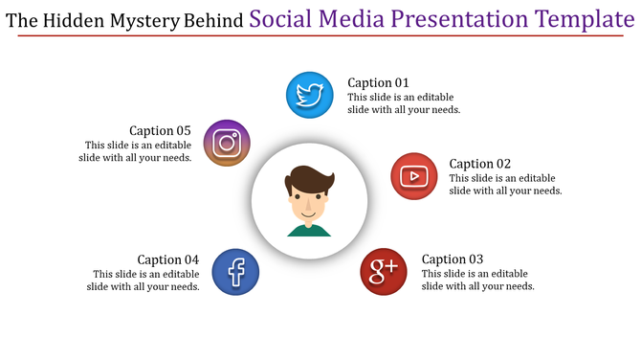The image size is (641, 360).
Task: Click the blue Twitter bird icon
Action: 310,96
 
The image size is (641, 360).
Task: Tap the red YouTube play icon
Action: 414,176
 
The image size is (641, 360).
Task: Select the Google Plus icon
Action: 384,272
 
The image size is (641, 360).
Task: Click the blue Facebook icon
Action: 235,272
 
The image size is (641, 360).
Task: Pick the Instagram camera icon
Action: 227,144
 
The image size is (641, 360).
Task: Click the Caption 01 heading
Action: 378,83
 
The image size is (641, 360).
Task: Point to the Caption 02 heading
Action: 480,164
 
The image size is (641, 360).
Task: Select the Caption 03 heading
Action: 453,259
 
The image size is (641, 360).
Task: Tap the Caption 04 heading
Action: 167,259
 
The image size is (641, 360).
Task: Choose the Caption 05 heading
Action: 160,131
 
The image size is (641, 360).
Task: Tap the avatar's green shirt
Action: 309,230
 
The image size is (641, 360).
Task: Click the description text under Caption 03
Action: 477,280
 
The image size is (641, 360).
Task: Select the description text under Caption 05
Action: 135,151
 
